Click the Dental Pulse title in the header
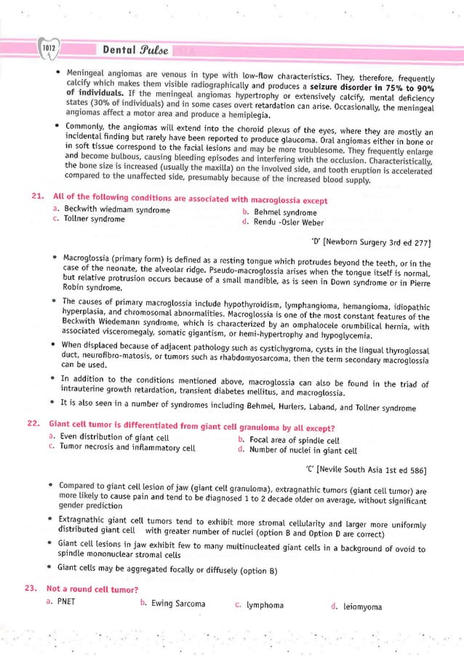(137, 52)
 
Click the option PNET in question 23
(65, 602)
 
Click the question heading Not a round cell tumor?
(93, 588)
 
